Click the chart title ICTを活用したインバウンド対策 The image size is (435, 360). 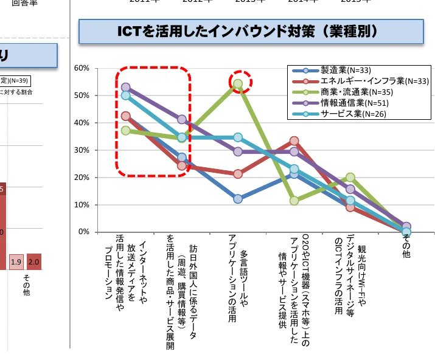pos(251,32)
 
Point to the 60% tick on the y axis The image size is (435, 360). pos(82,67)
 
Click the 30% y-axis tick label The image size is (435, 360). pos(82,150)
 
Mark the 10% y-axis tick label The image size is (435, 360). pos(82,205)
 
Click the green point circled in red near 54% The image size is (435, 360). pos(238,84)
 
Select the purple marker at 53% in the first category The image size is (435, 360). pos(126,88)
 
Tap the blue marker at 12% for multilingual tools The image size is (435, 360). pos(238,199)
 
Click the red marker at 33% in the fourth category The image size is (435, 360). pos(294,141)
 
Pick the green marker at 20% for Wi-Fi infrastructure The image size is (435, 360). pos(350,178)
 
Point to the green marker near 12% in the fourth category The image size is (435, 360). pos(294,201)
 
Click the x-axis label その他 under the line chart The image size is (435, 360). pos(406,246)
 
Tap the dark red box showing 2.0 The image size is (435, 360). pos(33,261)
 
